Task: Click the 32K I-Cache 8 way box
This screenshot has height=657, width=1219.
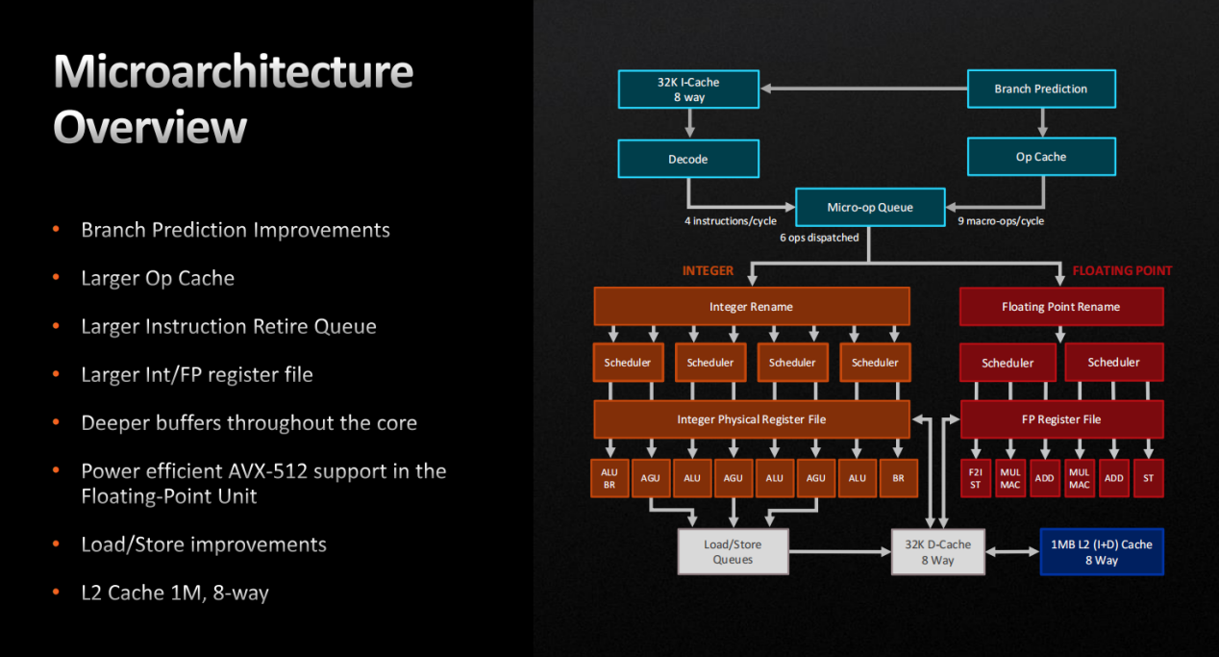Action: point(688,89)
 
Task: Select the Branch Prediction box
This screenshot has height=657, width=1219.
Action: point(1041,88)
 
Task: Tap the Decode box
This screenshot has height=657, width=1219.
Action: point(688,159)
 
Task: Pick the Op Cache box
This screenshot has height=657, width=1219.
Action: point(1041,157)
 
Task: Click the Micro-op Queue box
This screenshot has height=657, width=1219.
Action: point(870,208)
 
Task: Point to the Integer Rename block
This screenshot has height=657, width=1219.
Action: point(751,307)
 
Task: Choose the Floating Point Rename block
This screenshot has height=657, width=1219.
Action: point(1061,307)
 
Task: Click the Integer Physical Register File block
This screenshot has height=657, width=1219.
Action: point(751,419)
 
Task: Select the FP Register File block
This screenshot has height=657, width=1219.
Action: point(1061,419)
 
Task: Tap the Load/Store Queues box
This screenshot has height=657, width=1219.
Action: point(733,552)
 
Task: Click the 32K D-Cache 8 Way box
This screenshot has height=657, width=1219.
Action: point(937,552)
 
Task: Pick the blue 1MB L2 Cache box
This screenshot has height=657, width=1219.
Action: point(1102,552)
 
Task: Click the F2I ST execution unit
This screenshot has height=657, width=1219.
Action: point(976,478)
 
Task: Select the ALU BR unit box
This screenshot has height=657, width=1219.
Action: point(609,478)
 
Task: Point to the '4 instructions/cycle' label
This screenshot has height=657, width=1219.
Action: point(731,221)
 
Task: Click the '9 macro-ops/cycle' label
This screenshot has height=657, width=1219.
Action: point(1001,221)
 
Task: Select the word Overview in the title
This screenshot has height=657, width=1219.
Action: point(150,127)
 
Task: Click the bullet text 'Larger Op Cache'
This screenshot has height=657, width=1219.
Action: point(158,278)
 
